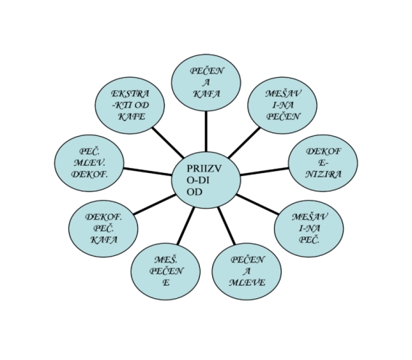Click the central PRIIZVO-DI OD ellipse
coord(206,180)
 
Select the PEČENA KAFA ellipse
coord(206,83)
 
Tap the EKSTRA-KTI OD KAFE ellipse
coord(130,105)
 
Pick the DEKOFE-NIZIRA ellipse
coord(323,163)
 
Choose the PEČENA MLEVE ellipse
coord(247,271)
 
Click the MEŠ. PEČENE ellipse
coord(166,271)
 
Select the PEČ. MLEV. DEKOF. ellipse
coord(89,163)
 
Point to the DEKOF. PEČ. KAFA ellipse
coord(103,228)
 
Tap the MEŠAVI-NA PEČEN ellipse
coord(283,105)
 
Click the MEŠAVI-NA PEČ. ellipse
coord(309,228)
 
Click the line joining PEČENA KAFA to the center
coord(206,132)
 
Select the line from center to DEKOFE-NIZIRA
coord(264,171)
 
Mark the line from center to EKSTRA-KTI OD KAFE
coord(168,143)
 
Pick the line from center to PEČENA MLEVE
coord(227,225)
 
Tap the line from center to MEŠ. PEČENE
coord(186,225)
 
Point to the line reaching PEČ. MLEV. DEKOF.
coord(148,171)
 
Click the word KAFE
coord(132,116)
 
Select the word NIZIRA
coord(323,174)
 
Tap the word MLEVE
coord(247,283)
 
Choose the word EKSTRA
coord(130,94)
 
